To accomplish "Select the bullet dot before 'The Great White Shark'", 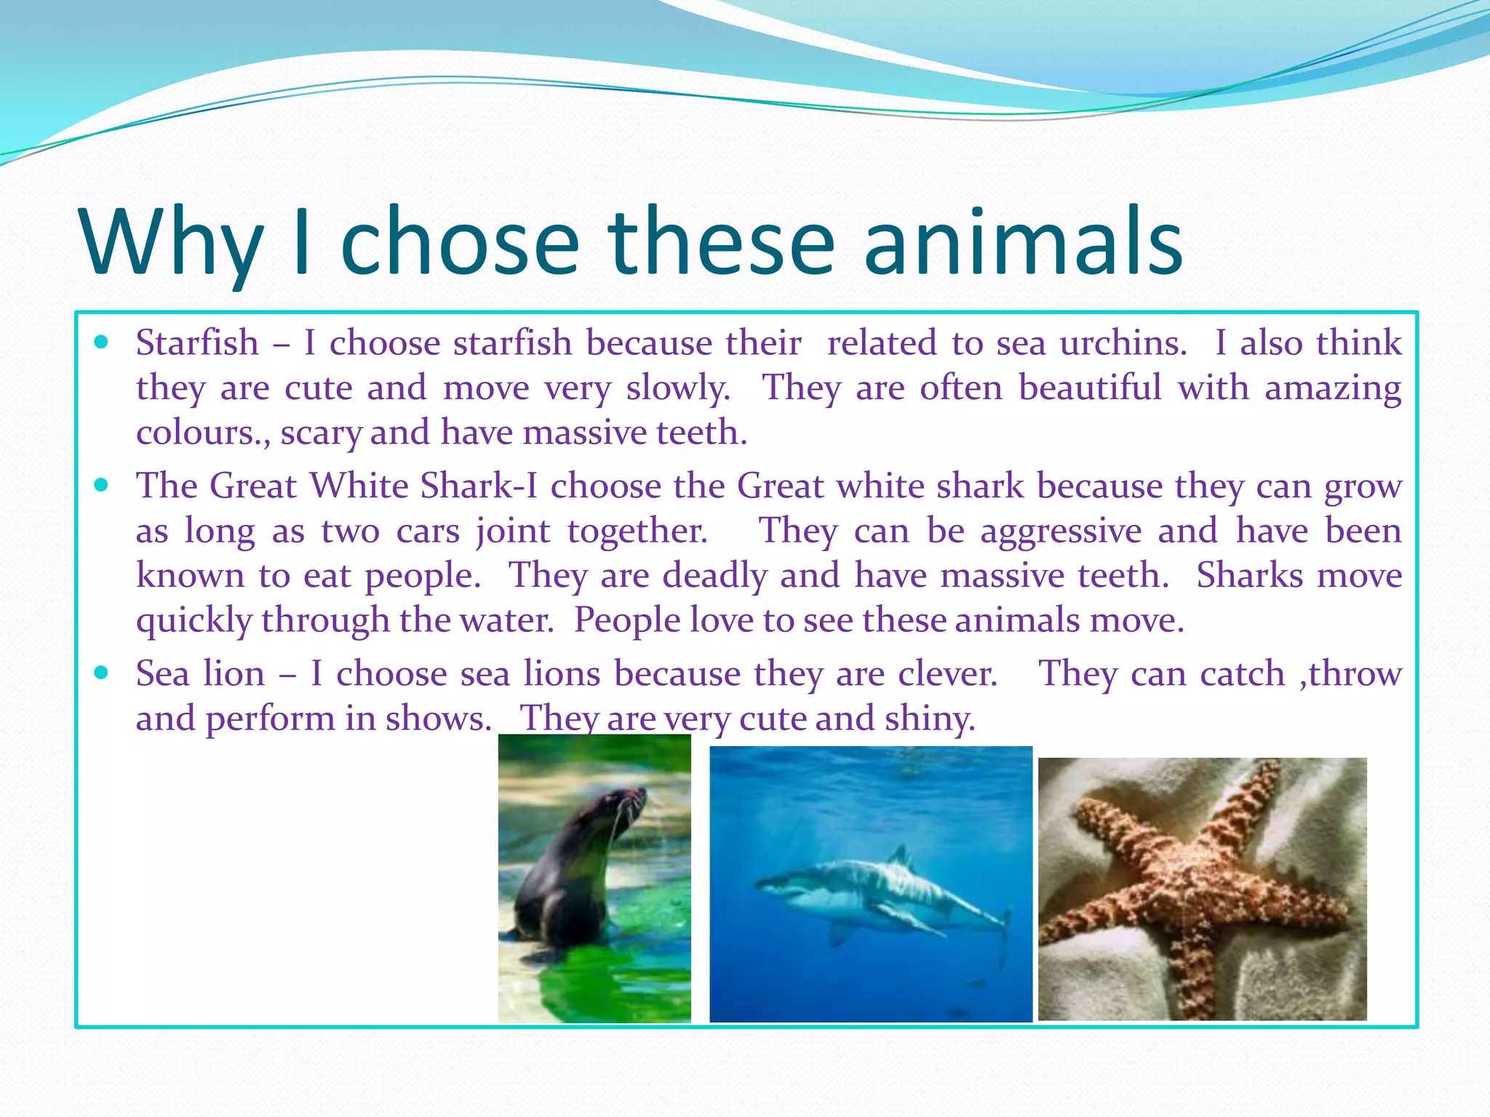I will point(101,484).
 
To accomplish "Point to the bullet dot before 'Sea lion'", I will point(101,673).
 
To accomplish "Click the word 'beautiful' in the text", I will point(1089,388).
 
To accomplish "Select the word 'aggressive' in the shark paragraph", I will point(1060,531).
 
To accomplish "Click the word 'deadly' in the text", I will point(714,576).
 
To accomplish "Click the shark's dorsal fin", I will point(901,857).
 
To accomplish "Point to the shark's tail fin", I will point(1005,931).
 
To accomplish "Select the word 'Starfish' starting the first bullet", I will point(197,343).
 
